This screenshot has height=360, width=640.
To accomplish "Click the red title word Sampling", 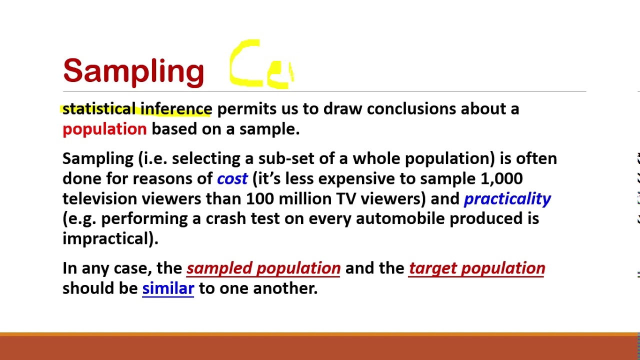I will pos(133,71).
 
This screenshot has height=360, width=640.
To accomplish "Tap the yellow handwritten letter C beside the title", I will pos(245,64).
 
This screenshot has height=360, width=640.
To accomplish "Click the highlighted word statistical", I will pos(99,109).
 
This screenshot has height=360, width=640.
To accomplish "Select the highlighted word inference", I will pos(176,109).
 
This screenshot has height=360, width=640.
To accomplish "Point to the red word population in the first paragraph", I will pos(104,129).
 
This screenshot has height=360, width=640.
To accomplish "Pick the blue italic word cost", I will pos(232,179).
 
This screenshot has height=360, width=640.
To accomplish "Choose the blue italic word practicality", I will pos(507,199).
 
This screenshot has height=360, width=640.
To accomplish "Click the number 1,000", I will pos(501,179).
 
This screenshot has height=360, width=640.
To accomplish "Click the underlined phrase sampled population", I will pos(263,268).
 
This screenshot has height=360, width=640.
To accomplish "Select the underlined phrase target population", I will pos(476,268).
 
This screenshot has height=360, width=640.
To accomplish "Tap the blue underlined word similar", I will pos(168,288).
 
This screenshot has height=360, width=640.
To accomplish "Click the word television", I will pos(99,199).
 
